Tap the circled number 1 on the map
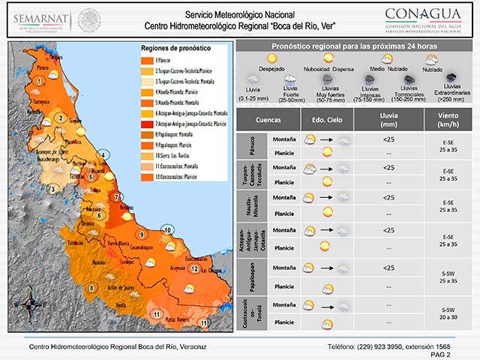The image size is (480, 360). (38, 80)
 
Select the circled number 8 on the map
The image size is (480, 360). (92, 287)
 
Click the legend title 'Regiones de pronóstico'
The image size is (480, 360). (176, 48)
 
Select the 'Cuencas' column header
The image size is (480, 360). (268, 121)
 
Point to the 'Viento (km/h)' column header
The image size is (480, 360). (448, 121)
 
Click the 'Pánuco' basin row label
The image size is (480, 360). (243, 145)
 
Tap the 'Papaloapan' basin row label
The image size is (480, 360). (243, 277)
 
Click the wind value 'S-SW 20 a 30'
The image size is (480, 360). (448, 313)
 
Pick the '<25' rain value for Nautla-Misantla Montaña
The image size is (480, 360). (388, 197)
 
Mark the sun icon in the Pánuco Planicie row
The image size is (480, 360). (327, 152)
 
